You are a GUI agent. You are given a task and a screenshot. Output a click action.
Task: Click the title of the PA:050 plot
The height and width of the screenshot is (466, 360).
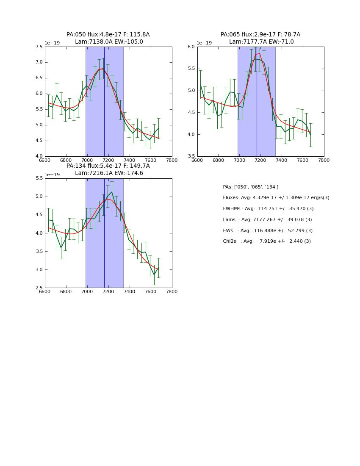coord(108,38)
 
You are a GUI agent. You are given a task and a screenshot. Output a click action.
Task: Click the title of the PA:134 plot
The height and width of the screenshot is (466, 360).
coord(108,169)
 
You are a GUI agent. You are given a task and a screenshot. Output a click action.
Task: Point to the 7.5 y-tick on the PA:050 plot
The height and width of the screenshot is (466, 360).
coord(39,47)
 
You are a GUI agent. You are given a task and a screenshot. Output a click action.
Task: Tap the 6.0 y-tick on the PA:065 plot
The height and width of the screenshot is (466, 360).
coord(191,47)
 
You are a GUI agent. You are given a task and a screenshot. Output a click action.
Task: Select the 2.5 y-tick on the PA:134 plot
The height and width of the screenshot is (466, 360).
coord(39,288)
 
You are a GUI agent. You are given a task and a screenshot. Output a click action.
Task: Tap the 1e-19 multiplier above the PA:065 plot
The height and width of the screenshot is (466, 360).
coord(205,43)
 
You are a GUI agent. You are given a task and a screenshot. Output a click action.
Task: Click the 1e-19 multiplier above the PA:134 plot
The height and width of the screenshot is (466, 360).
coord(52,175)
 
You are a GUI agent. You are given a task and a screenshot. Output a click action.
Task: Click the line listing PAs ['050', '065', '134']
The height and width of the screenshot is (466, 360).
coord(251,187)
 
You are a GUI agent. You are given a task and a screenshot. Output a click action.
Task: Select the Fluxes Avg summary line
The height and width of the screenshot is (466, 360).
coord(276,198)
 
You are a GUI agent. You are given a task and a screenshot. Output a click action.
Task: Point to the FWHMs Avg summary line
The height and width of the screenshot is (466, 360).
coord(268,209)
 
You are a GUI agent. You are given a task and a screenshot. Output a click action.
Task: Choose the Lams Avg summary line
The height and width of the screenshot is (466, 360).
coord(267,220)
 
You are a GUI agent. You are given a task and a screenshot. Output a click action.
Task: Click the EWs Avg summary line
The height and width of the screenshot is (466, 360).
coord(268,230)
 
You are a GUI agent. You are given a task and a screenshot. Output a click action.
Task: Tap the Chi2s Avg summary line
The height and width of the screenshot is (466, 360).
coord(267,241)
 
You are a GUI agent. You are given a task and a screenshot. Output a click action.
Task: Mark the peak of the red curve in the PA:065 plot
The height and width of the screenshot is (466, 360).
coord(260,53)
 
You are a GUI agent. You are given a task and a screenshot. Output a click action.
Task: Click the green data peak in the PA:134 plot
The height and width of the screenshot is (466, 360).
coord(112,192)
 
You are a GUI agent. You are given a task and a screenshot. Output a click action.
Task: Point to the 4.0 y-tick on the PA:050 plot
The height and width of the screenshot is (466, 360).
coord(39,156)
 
